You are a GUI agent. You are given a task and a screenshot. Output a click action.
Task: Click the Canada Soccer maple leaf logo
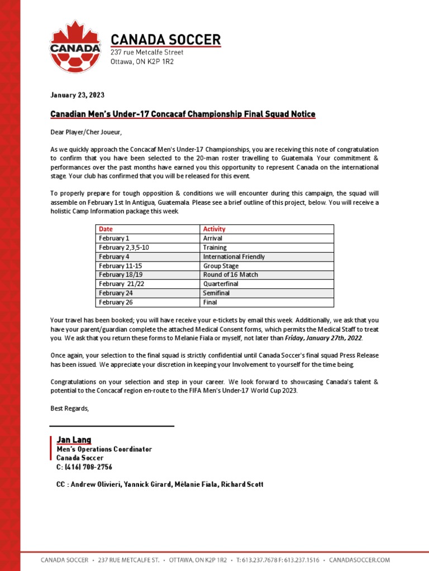click(x=75, y=47)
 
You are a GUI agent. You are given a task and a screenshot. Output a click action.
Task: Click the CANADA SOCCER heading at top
click(x=165, y=40)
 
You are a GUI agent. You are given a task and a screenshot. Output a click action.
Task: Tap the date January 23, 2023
click(x=77, y=95)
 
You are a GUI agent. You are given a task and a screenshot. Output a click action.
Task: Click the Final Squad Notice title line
click(x=183, y=114)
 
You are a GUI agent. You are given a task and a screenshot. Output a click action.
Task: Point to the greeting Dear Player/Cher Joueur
click(x=85, y=132)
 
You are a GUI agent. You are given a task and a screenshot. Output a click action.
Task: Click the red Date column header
click(x=106, y=229)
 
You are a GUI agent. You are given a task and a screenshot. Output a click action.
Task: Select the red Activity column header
click(x=214, y=229)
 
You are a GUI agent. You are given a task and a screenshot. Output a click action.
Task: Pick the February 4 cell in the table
click(x=112, y=257)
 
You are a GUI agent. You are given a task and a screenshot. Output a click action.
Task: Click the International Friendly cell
click(x=233, y=257)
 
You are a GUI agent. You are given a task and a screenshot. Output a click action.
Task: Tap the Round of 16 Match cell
click(x=230, y=275)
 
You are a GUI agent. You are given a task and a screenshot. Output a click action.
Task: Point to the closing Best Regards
click(x=69, y=409)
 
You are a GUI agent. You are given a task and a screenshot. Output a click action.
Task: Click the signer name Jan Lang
click(x=74, y=440)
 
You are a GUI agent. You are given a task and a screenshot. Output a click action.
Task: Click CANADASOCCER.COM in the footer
click(x=359, y=560)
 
